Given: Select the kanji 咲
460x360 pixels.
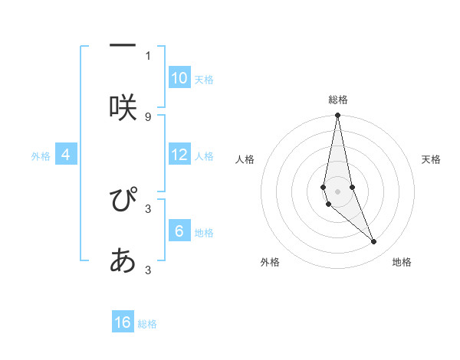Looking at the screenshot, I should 123,108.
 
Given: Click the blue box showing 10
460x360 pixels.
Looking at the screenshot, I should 179,77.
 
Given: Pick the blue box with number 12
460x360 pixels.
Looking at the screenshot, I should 179,155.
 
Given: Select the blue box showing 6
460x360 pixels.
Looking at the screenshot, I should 179,231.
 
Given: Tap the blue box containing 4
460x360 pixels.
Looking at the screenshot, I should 66,155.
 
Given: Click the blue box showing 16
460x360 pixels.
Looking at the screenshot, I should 123,322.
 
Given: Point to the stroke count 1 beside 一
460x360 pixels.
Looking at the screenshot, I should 148,55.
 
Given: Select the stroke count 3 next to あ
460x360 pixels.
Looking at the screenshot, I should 148,270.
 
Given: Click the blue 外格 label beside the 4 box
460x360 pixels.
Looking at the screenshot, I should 41,156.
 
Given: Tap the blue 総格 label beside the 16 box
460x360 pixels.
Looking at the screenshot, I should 147,324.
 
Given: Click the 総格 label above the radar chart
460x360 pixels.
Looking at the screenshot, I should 338,100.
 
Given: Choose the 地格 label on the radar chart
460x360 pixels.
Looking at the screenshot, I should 402,262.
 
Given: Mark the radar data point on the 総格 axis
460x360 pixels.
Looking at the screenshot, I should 338,116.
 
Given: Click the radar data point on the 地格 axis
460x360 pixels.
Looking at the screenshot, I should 374,242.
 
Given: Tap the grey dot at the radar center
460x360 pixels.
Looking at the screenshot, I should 338,191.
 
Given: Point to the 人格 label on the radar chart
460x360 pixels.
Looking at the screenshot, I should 245,159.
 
